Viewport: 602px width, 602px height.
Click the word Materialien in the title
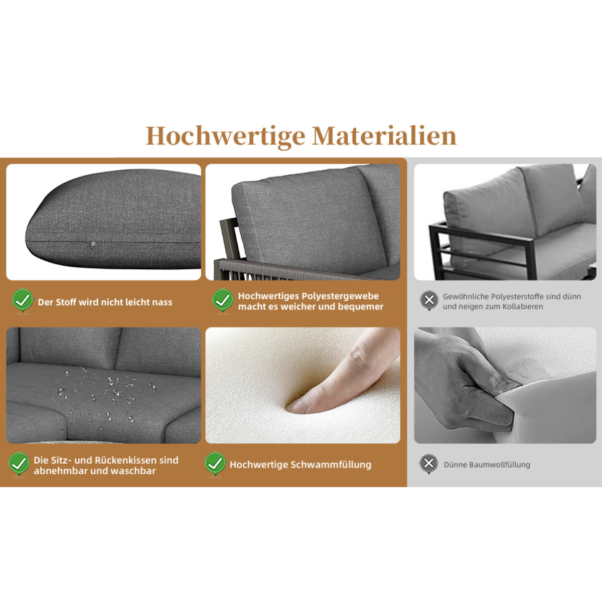click(384, 136)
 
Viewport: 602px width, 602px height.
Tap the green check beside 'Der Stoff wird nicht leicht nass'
click(23, 300)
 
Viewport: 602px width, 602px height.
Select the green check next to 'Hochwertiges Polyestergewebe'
click(223, 300)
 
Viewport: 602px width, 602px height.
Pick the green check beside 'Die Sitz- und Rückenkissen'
click(19, 464)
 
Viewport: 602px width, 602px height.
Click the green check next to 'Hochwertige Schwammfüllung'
click(215, 464)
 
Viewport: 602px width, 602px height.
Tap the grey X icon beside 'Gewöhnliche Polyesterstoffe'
click(429, 300)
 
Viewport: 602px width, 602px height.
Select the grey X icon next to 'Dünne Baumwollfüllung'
click(428, 464)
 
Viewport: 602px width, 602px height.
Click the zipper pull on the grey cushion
click(92, 246)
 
